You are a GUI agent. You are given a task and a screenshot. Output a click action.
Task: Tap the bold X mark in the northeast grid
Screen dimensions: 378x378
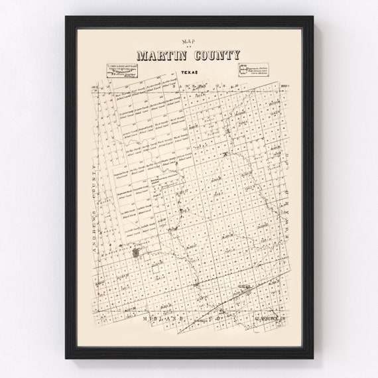226,155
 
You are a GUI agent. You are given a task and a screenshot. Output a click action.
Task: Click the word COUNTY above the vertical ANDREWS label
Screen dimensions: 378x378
97,174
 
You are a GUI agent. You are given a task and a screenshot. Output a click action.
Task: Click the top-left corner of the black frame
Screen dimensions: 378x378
66,14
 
